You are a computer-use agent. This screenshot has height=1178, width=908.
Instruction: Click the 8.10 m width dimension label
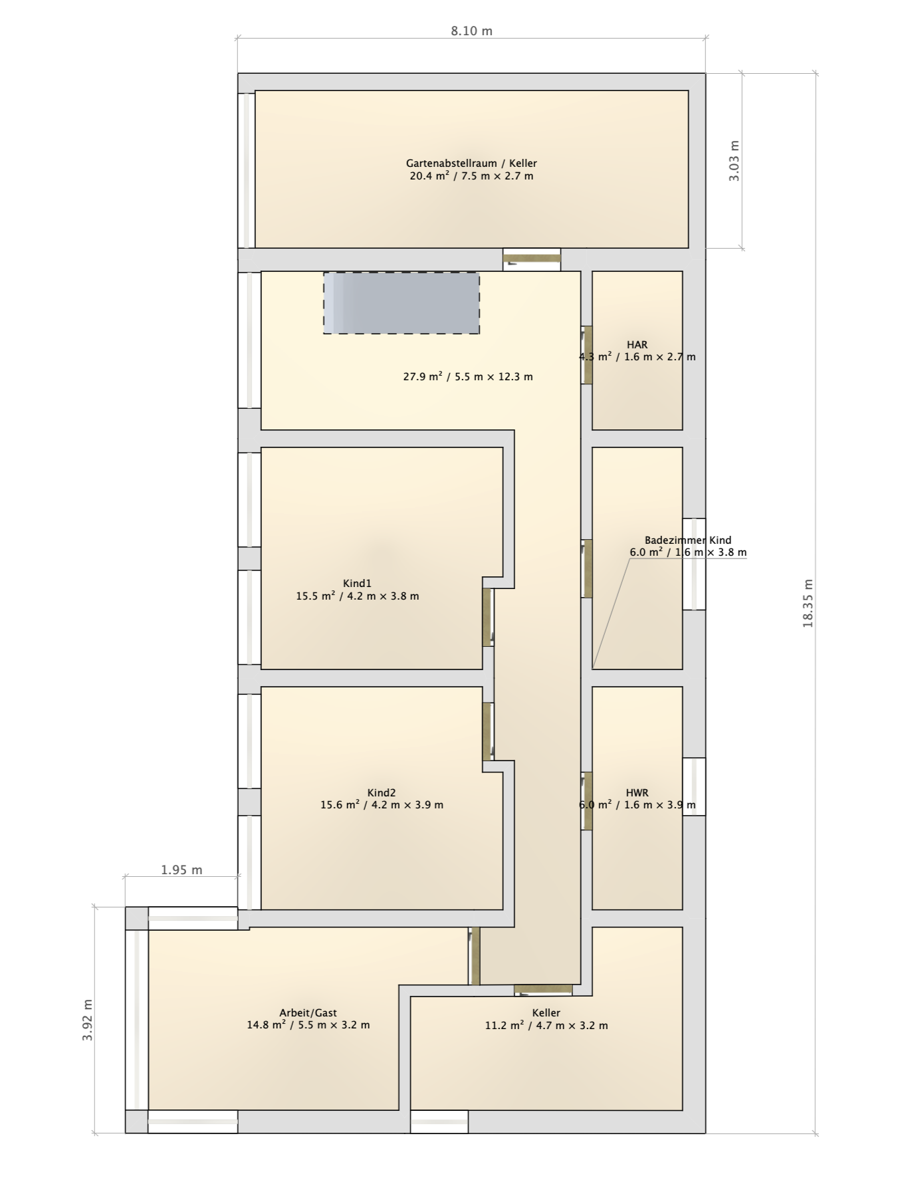tap(471, 31)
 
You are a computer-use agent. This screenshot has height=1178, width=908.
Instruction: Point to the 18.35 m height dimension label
tap(808, 604)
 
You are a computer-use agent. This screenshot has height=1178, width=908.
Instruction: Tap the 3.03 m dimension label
tap(734, 161)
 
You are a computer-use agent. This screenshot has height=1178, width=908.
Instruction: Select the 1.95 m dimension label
tap(181, 870)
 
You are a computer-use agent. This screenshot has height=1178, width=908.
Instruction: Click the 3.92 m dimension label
tap(87, 1020)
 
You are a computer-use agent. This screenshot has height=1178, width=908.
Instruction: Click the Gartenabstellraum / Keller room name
tap(471, 163)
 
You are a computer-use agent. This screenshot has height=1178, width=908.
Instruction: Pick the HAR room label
tap(637, 344)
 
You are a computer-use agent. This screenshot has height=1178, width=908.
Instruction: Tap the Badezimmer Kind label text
tap(688, 540)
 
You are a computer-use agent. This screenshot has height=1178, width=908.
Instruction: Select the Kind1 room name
tap(357, 584)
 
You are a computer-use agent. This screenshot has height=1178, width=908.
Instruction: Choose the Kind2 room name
tap(382, 792)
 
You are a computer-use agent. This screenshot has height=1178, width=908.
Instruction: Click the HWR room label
tap(637, 793)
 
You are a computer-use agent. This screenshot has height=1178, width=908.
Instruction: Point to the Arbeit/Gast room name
tap(308, 1012)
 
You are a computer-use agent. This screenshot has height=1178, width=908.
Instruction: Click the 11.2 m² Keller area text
tap(546, 1025)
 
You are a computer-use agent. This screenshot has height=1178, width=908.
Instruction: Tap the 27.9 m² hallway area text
tap(468, 376)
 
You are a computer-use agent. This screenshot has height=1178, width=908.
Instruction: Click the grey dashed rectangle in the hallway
tap(401, 302)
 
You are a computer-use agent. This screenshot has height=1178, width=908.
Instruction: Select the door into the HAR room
tap(587, 355)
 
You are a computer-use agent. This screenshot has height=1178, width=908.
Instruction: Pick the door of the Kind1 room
tap(487, 617)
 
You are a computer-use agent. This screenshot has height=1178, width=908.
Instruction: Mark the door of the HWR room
tap(587, 800)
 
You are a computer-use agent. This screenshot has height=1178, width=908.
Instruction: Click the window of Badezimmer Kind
tap(694, 564)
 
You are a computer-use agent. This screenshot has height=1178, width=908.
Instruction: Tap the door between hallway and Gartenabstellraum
tap(531, 260)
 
